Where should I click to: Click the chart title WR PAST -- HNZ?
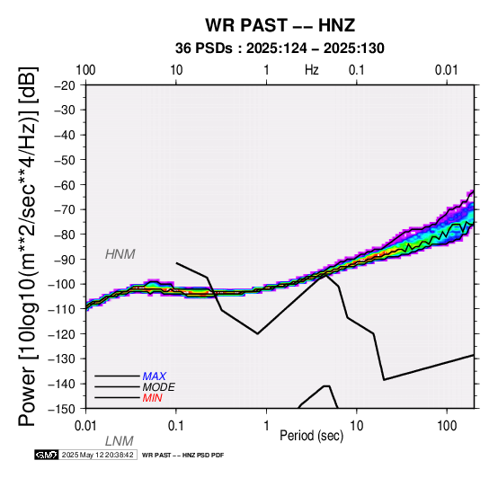tap(280, 25)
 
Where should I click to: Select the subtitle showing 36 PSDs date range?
tap(280, 49)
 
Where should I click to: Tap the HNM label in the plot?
tap(120, 254)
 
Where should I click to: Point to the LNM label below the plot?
tap(119, 441)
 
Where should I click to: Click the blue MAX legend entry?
tap(154, 376)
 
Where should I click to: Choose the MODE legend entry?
tap(158, 387)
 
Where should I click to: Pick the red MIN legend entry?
tap(152, 398)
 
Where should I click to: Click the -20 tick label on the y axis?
tap(65, 85)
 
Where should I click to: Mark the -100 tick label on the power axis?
tap(61, 284)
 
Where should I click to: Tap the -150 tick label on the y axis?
tap(61, 409)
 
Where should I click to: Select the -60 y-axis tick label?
tap(65, 185)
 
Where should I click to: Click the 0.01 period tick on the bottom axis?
tap(85, 426)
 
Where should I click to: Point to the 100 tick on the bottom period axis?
tap(447, 426)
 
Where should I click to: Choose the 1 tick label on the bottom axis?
tap(266, 426)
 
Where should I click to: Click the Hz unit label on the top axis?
tap(312, 70)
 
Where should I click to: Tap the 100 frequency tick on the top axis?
tap(85, 70)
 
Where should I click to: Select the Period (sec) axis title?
tap(312, 436)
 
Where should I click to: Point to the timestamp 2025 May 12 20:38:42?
tap(97, 455)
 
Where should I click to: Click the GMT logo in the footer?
tap(47, 455)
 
